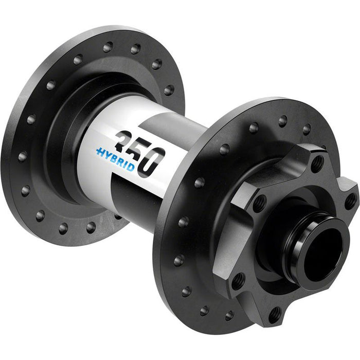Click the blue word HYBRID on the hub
coord(116,159)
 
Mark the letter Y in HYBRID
coord(110,156)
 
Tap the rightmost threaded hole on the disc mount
coord(350,201)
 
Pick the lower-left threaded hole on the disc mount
coord(238,280)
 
